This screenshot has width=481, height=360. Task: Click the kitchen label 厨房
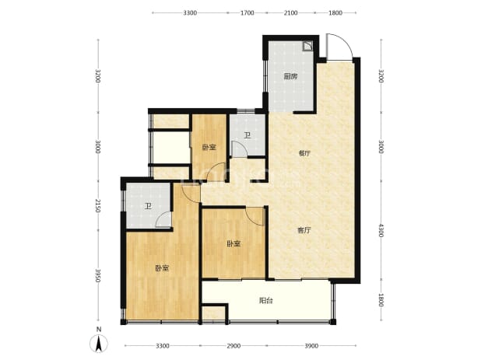(290, 76)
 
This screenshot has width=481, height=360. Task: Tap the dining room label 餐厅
(304, 153)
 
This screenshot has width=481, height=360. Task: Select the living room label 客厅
(304, 230)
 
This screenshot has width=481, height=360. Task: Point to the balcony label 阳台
(265, 301)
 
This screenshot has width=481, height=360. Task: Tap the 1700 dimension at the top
(248, 12)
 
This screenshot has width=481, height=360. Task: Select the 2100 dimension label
(290, 12)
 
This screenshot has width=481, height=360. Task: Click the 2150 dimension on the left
(98, 205)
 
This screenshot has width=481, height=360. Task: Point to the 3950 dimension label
(98, 276)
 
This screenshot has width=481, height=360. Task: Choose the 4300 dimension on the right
(381, 230)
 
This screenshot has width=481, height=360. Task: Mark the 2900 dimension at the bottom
(233, 346)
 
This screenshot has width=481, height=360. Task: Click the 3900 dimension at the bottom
(311, 346)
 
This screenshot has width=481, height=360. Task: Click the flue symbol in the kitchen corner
(307, 46)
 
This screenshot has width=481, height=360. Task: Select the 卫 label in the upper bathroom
(248, 135)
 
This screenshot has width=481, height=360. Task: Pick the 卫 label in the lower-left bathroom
(149, 206)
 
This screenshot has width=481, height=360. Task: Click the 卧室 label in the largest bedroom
(162, 268)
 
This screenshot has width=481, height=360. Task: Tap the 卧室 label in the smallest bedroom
(209, 148)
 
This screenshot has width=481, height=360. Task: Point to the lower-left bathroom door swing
(162, 218)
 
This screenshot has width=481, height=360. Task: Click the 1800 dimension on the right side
(381, 300)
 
